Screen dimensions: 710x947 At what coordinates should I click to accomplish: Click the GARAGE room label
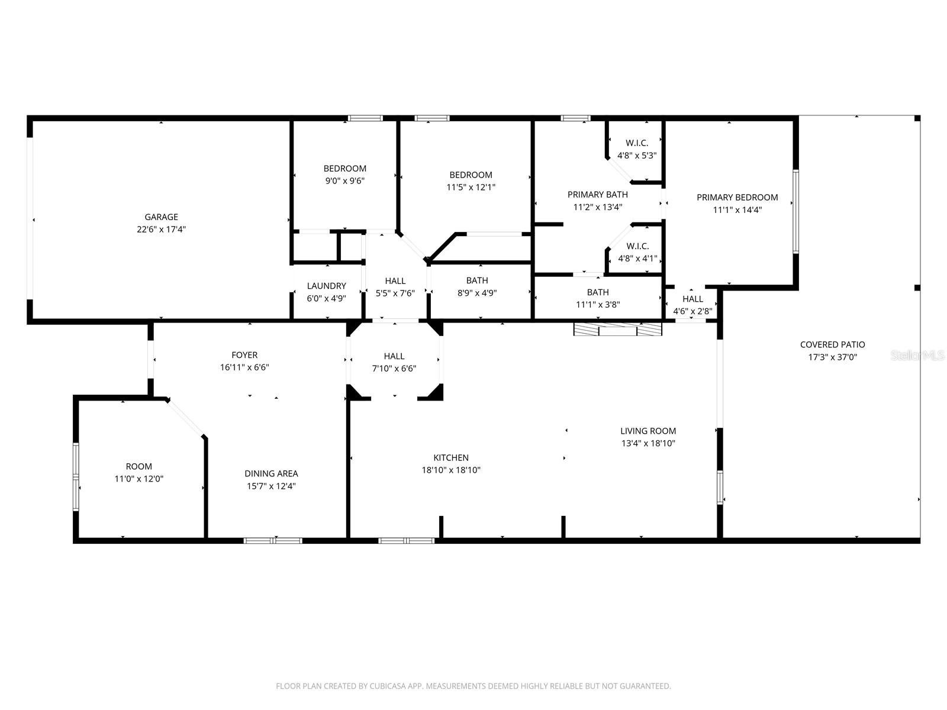click(x=161, y=217)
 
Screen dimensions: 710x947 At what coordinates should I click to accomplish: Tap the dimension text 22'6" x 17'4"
click(x=161, y=230)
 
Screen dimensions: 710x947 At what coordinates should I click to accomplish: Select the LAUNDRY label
click(x=326, y=286)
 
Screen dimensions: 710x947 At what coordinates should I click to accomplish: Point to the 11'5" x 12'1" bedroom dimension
click(x=471, y=188)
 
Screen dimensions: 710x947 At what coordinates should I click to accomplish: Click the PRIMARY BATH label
click(x=597, y=194)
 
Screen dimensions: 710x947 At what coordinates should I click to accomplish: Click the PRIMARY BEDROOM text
click(x=737, y=197)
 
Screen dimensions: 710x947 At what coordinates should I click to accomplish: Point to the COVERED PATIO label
click(x=832, y=344)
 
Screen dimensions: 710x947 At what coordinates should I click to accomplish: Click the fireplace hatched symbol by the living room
click(x=617, y=330)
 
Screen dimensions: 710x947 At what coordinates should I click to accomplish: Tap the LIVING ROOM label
click(x=648, y=431)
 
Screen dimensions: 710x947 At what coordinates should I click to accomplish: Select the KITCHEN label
click(x=450, y=457)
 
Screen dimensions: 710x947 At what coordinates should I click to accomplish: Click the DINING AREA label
click(x=271, y=473)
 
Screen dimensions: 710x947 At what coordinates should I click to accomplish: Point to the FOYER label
click(x=244, y=355)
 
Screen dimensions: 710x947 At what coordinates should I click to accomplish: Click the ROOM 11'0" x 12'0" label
click(x=138, y=466)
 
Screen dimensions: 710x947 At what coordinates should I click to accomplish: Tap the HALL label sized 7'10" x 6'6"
click(x=394, y=356)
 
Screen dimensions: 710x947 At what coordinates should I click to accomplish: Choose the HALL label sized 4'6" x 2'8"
click(x=692, y=299)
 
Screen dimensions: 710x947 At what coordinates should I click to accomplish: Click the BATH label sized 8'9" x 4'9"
click(x=477, y=280)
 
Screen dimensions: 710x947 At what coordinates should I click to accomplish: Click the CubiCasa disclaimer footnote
click(x=473, y=686)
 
